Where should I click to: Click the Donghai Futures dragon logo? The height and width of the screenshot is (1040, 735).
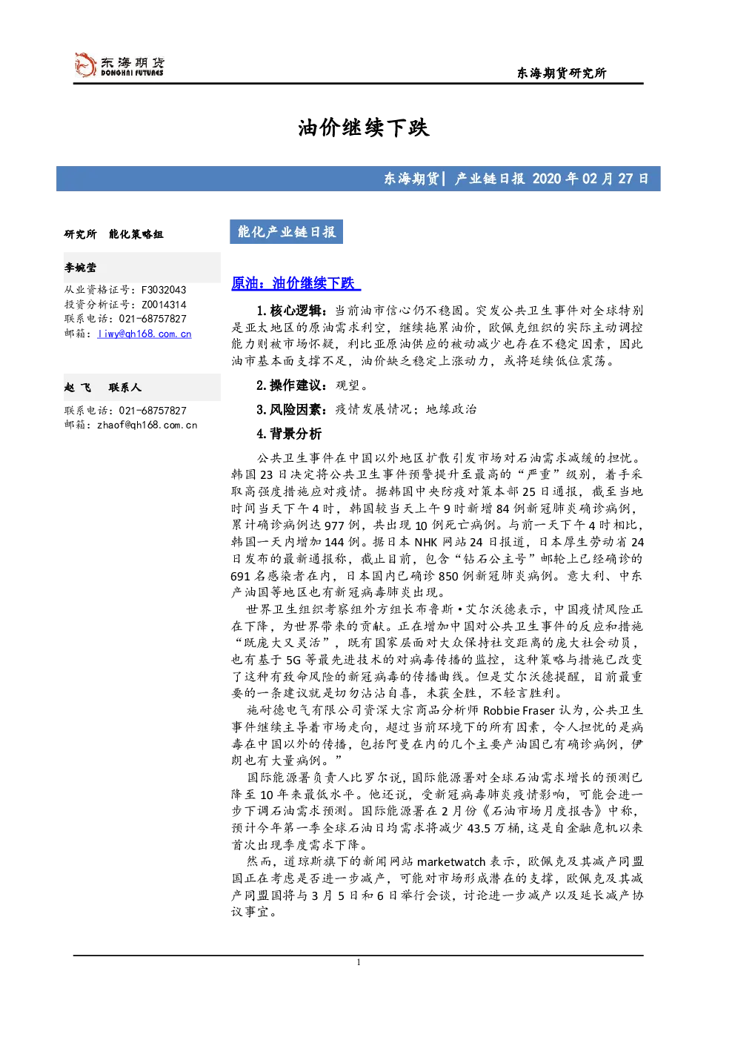[x=85, y=64]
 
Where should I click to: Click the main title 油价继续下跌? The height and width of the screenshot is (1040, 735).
[x=364, y=127]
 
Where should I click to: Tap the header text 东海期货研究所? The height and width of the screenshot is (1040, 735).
[x=562, y=73]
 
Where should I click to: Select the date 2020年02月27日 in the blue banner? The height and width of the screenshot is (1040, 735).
[x=590, y=179]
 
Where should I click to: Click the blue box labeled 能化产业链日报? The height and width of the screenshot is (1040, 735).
[x=286, y=232]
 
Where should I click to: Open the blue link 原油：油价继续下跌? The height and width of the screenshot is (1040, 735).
[x=296, y=282]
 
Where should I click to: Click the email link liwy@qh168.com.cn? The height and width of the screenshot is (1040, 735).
[x=144, y=334]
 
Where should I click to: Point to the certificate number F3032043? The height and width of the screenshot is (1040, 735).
[x=164, y=290]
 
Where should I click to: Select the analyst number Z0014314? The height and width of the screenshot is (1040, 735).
[x=164, y=305]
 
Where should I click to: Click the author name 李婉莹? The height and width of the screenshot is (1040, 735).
[x=80, y=268]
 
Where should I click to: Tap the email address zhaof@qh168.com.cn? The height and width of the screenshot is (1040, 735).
[x=147, y=425]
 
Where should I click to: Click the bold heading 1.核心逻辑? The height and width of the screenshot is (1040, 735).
[x=292, y=311]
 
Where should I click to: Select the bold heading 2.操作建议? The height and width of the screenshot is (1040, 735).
[x=292, y=385]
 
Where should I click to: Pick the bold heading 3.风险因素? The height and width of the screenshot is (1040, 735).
[x=292, y=409]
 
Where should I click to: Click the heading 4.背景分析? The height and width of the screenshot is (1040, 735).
[x=289, y=434]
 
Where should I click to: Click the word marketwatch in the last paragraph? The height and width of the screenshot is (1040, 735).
[x=451, y=861]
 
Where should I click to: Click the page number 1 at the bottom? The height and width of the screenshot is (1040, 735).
[x=359, y=962]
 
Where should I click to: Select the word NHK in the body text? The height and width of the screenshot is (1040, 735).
[x=427, y=543]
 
